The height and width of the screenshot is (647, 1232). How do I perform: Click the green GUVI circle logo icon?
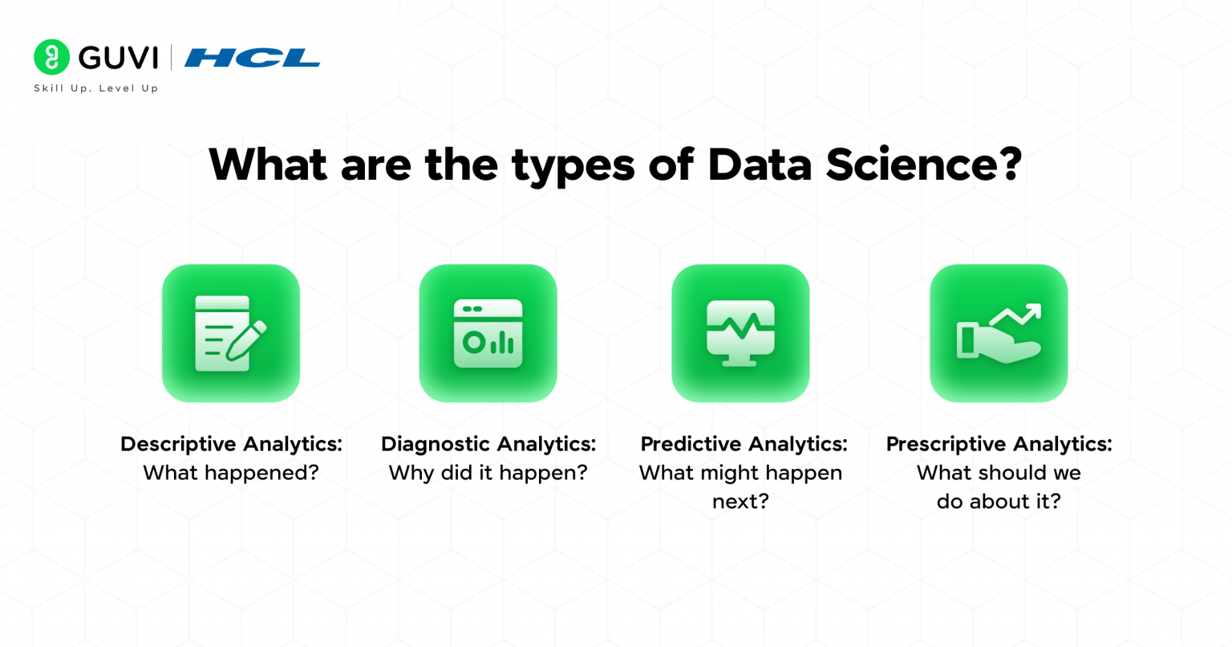tap(51, 57)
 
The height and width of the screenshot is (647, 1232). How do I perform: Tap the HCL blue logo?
tap(252, 58)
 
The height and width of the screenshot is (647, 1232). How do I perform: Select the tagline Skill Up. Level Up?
tap(96, 88)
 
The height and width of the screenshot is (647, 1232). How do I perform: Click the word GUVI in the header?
tap(118, 58)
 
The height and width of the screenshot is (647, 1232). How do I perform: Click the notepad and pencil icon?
tap(230, 333)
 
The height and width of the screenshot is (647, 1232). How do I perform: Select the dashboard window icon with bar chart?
tap(488, 333)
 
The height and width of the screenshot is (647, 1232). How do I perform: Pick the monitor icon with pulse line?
tap(740, 333)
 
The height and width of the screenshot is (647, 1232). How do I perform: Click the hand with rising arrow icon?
tap(999, 333)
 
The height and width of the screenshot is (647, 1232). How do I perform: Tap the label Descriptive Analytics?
tap(231, 444)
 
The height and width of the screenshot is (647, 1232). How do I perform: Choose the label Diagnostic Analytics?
tap(488, 444)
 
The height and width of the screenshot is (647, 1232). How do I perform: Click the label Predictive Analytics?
tap(744, 444)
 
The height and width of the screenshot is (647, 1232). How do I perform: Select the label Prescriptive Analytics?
tap(999, 444)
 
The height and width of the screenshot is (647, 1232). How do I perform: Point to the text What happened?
tap(231, 473)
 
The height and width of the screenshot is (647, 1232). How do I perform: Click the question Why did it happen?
tap(488, 473)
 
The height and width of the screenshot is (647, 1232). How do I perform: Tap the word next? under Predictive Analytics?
tap(740, 502)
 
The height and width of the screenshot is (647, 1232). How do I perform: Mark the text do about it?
tap(999, 502)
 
